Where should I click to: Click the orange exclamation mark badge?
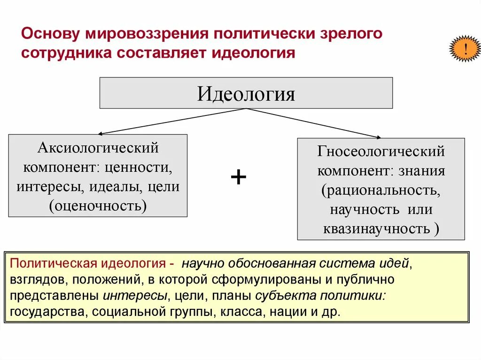point(465,49)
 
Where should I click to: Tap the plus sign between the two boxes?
point(239,177)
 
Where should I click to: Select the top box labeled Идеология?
point(246,93)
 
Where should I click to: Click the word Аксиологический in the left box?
point(98,148)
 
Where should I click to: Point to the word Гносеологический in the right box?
point(381,152)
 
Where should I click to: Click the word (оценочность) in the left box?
point(98,205)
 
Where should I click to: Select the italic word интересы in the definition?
point(135,296)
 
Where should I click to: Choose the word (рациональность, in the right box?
point(381,190)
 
